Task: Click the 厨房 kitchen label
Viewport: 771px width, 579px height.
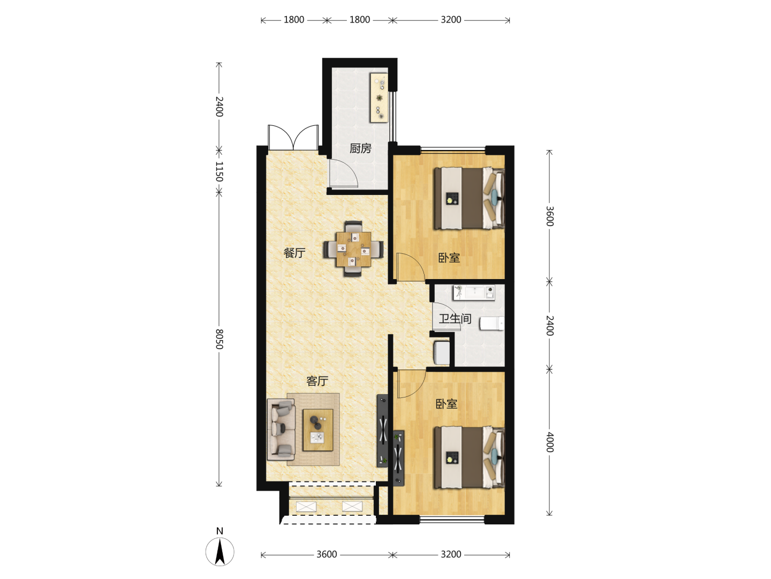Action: click(x=360, y=148)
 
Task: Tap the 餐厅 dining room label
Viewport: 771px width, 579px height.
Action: click(x=294, y=253)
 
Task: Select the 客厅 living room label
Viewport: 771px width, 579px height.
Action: click(x=317, y=381)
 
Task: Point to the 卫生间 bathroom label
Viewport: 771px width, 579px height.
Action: click(x=455, y=319)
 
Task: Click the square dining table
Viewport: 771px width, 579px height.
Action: click(x=353, y=249)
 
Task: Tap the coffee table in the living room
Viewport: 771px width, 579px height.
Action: click(x=318, y=430)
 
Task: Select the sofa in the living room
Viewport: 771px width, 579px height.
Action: click(x=281, y=430)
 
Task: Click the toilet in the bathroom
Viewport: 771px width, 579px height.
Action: click(x=492, y=324)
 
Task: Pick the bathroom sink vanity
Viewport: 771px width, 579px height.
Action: click(x=474, y=292)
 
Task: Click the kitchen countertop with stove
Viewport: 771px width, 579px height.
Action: click(x=379, y=97)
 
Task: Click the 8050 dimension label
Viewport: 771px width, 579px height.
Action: click(x=219, y=339)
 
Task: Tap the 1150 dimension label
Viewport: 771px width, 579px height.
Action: click(x=219, y=171)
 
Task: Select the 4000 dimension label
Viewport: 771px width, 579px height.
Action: click(x=550, y=442)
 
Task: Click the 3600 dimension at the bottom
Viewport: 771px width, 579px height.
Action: click(x=327, y=554)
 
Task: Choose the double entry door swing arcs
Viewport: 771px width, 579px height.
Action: click(x=293, y=137)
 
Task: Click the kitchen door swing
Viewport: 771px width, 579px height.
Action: click(x=343, y=173)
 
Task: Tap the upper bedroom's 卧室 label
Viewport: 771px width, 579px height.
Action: click(x=449, y=258)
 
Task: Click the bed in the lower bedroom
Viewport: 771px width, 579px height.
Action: click(x=469, y=457)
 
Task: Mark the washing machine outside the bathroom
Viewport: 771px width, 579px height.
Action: click(x=442, y=352)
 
